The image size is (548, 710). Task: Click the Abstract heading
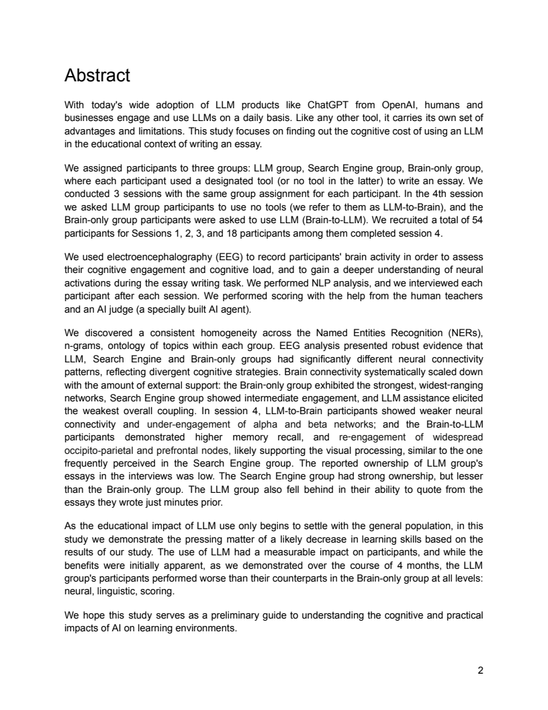pyautogui.click(x=97, y=75)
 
